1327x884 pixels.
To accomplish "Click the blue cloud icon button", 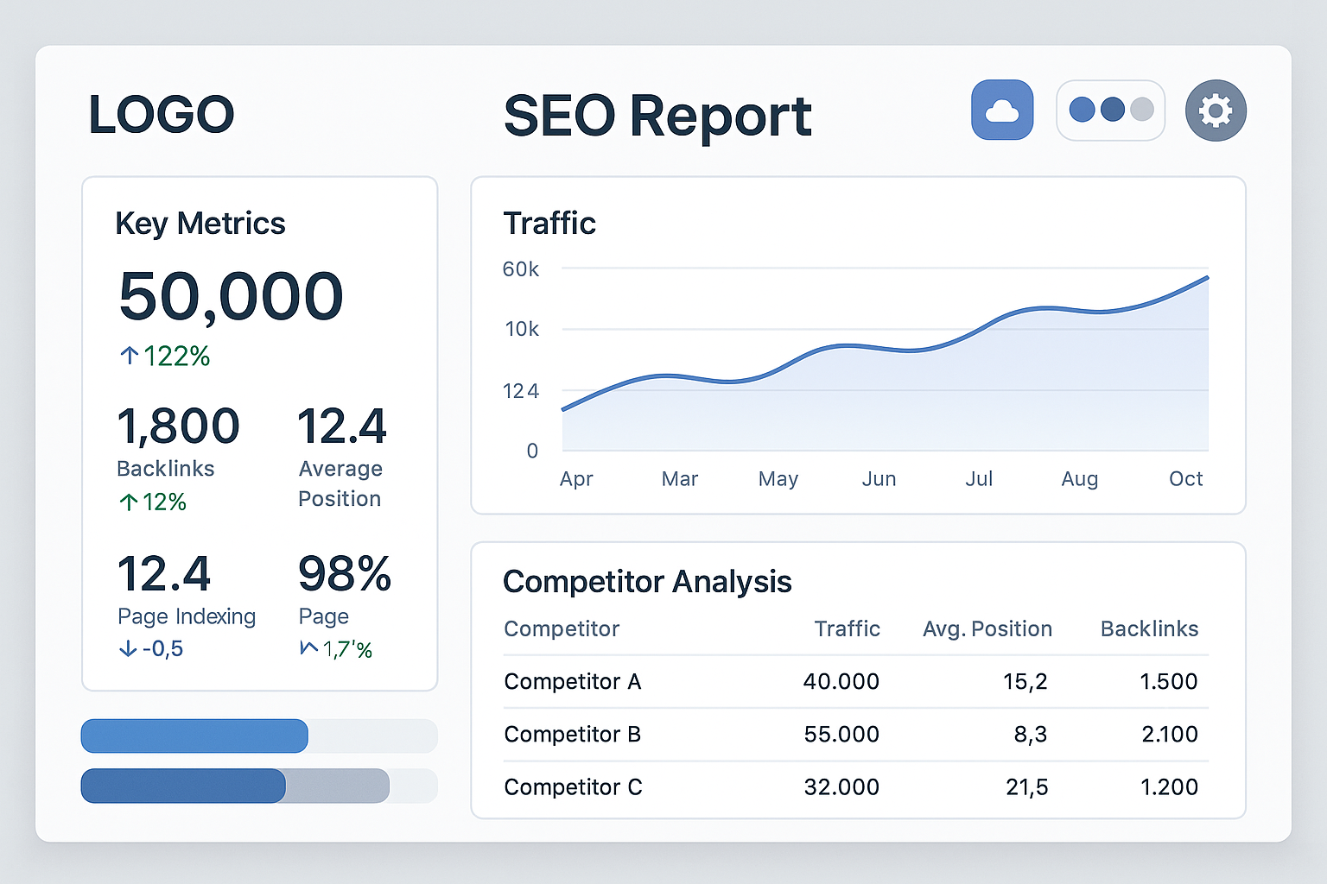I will (1002, 110).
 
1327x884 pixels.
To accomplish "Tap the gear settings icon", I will (1215, 110).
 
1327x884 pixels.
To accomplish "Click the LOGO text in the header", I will (162, 115).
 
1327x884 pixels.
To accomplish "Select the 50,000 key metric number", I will (231, 296).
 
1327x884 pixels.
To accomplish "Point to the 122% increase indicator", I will (165, 356).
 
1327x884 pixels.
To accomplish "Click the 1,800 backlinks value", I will (178, 426).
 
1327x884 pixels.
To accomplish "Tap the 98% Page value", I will (344, 574).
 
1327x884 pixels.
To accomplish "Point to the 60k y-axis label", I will (520, 269).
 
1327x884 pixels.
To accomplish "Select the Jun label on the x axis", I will (879, 479).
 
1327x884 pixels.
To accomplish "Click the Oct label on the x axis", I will (1185, 479).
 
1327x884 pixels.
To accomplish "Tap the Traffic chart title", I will (549, 224).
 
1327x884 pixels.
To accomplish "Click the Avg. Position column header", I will (987, 629).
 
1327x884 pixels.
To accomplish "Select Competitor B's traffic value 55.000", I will (841, 735).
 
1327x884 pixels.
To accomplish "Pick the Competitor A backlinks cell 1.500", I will (1168, 682).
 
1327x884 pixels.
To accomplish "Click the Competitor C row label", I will (573, 787).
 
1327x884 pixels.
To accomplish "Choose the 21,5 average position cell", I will (1026, 787).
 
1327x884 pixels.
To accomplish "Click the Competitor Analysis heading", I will (647, 582).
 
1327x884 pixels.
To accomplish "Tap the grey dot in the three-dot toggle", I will (1141, 110).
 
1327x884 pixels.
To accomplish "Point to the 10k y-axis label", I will (522, 329).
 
